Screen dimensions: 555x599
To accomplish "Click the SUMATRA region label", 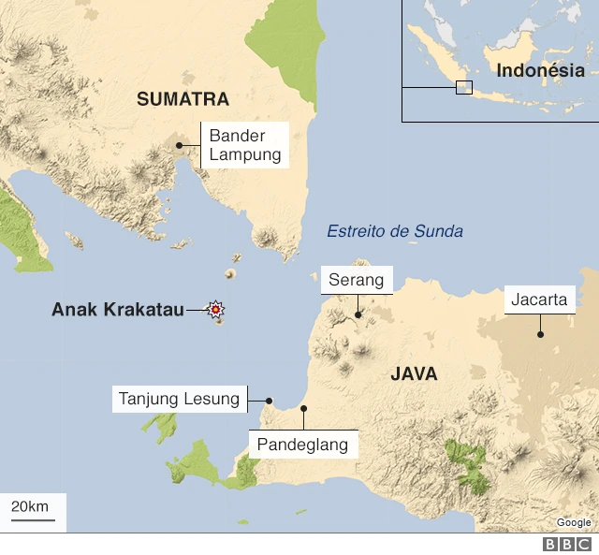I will tap(183, 99).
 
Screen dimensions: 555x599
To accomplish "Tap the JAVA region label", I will tap(414, 374).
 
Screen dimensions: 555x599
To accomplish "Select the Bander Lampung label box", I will tap(244, 146).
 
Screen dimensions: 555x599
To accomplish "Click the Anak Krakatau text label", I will tap(117, 309).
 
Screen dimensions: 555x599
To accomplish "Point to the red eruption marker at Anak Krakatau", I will tap(216, 309).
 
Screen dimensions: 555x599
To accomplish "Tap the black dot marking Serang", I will tap(358, 315).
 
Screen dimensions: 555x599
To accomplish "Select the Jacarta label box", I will tap(539, 299).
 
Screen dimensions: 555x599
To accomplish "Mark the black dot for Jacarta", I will tap(540, 334).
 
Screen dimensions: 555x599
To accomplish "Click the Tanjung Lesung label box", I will tap(179, 399).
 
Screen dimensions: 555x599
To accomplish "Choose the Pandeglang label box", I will tap(303, 444).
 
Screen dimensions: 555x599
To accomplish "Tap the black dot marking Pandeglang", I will tap(303, 409).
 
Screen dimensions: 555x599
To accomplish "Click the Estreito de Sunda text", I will tap(394, 231).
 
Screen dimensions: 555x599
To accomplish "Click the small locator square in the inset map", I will tap(463, 87).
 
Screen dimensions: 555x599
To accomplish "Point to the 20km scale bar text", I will tap(30, 506).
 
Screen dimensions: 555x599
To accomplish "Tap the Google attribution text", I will tap(574, 522).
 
